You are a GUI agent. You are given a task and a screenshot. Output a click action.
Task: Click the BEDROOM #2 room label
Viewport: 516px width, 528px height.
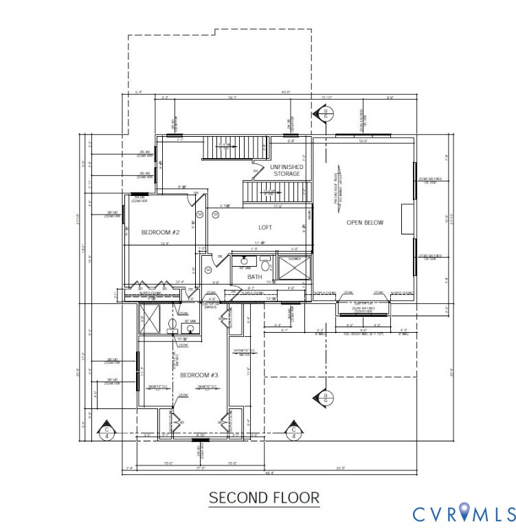click(x=160, y=232)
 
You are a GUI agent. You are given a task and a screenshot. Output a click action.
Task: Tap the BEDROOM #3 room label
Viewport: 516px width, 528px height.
click(x=199, y=375)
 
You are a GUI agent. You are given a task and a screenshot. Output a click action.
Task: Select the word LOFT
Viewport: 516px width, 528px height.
click(x=265, y=227)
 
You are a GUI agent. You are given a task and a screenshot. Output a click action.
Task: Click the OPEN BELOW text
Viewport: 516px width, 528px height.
click(x=364, y=222)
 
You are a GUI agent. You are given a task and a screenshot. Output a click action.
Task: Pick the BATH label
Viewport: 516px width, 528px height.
click(x=255, y=277)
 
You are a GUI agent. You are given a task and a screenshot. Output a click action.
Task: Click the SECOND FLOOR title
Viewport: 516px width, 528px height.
click(x=264, y=497)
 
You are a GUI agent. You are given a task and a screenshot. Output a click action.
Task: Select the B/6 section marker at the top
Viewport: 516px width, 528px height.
click(x=328, y=113)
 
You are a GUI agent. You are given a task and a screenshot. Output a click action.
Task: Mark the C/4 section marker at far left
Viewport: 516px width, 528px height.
click(x=106, y=431)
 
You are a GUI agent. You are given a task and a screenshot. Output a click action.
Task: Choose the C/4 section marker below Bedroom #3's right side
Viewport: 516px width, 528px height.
click(x=293, y=431)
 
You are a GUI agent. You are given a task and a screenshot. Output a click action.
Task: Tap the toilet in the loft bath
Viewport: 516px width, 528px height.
click(x=265, y=265)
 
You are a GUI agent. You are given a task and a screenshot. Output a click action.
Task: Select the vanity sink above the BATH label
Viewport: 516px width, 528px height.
click(x=244, y=261)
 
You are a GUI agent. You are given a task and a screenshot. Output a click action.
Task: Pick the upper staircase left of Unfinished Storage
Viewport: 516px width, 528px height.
click(x=236, y=146)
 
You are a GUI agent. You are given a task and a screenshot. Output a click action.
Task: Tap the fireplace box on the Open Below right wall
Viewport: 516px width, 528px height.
click(x=407, y=214)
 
